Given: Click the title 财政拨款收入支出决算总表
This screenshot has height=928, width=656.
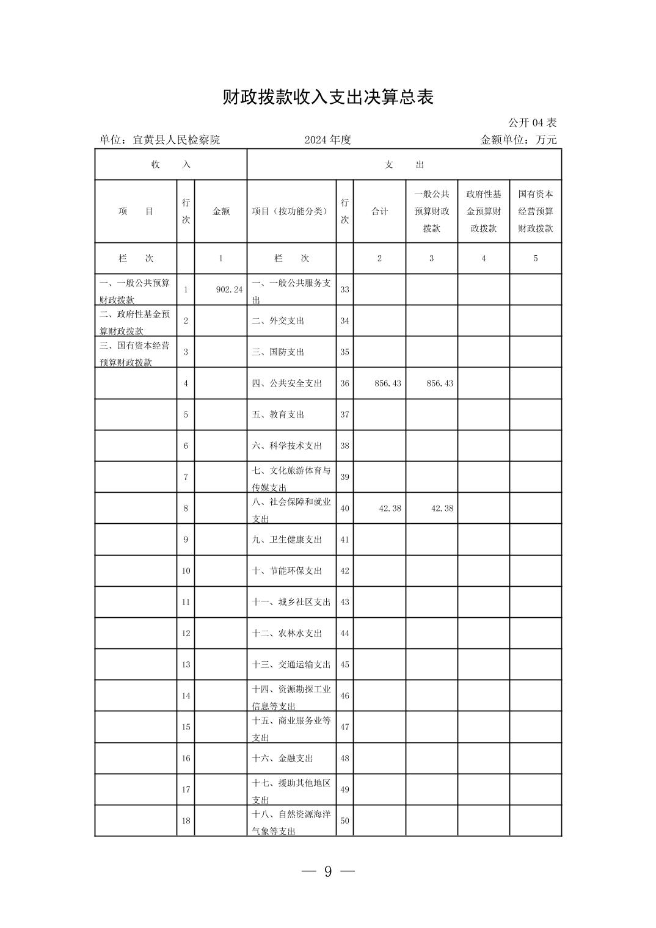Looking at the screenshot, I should [328, 97].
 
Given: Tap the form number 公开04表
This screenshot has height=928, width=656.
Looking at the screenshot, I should [532, 123].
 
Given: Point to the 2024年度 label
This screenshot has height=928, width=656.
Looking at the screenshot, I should [328, 140].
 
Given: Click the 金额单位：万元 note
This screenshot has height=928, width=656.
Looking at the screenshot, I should [519, 140].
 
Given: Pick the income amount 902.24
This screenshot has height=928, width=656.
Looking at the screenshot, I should [229, 289].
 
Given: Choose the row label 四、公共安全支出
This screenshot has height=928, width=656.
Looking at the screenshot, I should [286, 383].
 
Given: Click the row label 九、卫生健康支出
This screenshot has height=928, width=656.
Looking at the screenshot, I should [286, 540].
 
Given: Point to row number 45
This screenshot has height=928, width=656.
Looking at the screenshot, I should [344, 665].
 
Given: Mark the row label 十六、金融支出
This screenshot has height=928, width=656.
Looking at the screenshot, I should [282, 758].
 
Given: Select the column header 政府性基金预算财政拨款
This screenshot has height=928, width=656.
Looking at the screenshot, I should [483, 211].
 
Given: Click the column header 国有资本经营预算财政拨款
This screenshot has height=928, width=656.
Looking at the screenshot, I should [536, 211].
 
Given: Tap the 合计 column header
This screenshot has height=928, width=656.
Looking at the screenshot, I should [379, 211].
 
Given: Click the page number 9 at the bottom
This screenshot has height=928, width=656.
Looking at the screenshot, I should [328, 872].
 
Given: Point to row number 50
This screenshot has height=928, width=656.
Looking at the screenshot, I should [344, 821].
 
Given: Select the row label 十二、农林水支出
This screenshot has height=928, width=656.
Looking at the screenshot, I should [286, 634].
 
